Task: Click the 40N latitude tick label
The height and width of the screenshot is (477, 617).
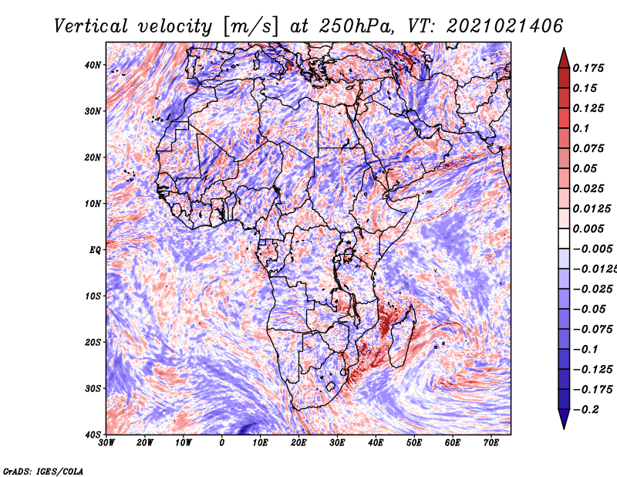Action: coord(93,65)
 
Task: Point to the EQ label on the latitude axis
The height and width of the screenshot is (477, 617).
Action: coord(95,250)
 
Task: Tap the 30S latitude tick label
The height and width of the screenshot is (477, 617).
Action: coord(93,388)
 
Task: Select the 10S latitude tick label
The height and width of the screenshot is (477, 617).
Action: coord(93,296)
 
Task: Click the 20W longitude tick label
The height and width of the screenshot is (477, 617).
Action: coord(145,443)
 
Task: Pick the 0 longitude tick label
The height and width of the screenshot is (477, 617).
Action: coord(222,443)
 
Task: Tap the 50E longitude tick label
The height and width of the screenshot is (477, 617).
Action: coord(414,443)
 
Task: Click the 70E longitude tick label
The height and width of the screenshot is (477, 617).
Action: coord(491,443)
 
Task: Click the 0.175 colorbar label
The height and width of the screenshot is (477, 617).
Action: coord(588,68)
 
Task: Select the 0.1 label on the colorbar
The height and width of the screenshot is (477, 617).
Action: coord(581,128)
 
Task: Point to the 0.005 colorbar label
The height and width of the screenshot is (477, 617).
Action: coord(588,228)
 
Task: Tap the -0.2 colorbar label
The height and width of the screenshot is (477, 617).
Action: coord(585,410)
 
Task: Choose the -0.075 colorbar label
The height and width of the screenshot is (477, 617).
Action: coord(592,330)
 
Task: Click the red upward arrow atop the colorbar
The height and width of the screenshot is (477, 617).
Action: coord(564,58)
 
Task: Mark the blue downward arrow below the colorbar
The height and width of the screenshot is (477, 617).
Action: coord(564,419)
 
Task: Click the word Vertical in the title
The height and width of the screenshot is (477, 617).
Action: coord(91,26)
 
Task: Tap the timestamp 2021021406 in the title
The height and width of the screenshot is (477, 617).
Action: coord(505,26)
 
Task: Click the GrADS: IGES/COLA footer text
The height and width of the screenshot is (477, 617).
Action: coord(43,471)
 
